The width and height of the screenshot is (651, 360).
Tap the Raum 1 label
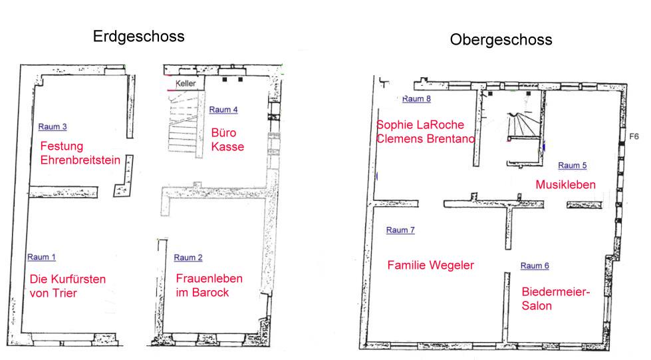click(x=41, y=258)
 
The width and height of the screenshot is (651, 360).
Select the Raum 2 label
click(x=188, y=258)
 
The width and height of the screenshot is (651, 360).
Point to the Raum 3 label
click(x=53, y=127)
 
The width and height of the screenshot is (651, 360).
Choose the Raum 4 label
click(x=223, y=110)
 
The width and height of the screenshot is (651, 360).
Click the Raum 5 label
click(x=572, y=166)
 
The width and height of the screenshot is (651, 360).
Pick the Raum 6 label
click(x=535, y=266)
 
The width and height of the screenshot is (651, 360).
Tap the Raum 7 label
click(x=400, y=230)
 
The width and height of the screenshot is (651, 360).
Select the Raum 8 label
click(x=416, y=99)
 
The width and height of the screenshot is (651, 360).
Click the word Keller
click(x=185, y=84)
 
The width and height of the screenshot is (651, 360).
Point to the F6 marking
click(x=634, y=136)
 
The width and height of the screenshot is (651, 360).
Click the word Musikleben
click(x=565, y=184)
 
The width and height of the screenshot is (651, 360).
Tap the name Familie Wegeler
click(x=430, y=266)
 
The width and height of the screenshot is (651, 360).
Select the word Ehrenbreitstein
click(x=80, y=160)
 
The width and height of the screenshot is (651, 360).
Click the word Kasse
click(x=227, y=147)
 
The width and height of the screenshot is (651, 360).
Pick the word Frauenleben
click(x=209, y=279)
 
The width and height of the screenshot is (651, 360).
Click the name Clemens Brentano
click(x=426, y=139)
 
